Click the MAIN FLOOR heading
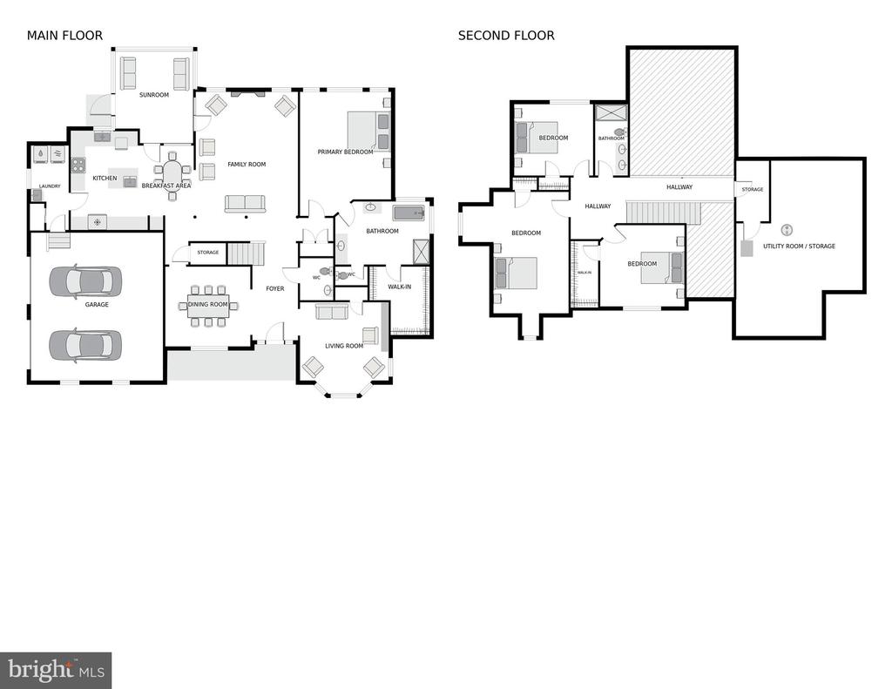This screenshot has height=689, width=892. click(x=64, y=35)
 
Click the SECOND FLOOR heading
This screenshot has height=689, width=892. click(x=506, y=35)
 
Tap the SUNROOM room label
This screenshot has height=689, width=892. click(x=154, y=95)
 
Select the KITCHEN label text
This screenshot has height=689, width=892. click(x=105, y=178)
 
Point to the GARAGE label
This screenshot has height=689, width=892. click(x=97, y=304)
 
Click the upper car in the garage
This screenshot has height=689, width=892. click(x=85, y=281)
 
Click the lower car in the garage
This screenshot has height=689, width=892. click(x=85, y=346)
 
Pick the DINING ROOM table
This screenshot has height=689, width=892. click(x=208, y=306)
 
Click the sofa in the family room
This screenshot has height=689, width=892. click(x=245, y=204)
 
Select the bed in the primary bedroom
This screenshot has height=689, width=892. click(x=368, y=132)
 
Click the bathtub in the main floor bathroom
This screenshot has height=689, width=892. click(x=409, y=213)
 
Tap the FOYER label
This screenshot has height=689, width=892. click(x=275, y=288)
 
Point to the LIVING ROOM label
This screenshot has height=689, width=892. click(x=344, y=346)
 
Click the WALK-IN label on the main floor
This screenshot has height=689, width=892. click(x=399, y=287)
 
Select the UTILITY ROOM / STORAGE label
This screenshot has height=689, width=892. click(x=800, y=247)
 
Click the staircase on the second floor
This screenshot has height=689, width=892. click(x=663, y=213)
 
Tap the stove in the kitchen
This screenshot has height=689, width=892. click(x=78, y=165)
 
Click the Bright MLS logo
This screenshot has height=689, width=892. click(x=56, y=670)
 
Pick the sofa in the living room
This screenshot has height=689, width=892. click(x=331, y=311)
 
